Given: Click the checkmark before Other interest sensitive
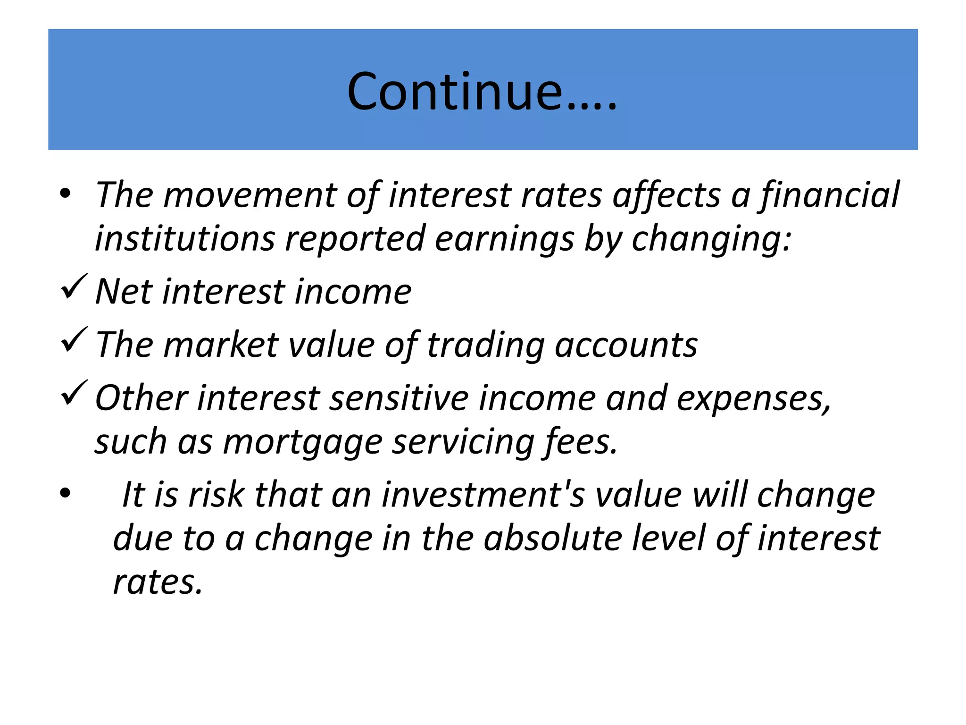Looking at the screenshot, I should tap(74, 393).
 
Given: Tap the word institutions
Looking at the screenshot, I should tap(184, 239).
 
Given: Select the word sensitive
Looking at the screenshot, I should tap(399, 398).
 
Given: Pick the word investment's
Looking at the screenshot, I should tap(483, 495).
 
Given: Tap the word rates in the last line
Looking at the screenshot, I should tap(158, 582).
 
